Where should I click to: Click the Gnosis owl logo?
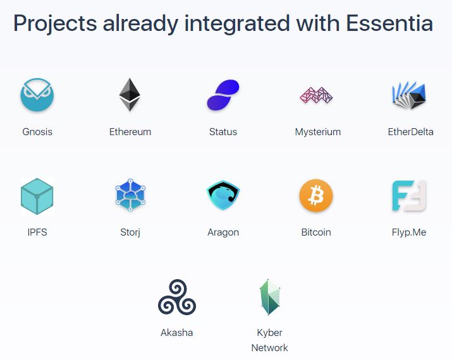37,95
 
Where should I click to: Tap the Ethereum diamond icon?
130,95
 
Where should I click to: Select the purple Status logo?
223,95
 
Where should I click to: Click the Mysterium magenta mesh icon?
316,95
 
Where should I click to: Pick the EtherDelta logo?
409,95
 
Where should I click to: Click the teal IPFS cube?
37,196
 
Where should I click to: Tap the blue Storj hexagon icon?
130,195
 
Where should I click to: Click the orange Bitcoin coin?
316,196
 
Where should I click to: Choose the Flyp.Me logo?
409,196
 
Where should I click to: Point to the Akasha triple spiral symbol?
177,297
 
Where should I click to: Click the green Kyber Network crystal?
270,297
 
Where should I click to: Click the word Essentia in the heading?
389,23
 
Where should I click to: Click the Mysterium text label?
318,132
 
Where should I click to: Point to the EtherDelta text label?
410,131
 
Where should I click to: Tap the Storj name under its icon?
130,232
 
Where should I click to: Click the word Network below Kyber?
270,347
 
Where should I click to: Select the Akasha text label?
177,333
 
